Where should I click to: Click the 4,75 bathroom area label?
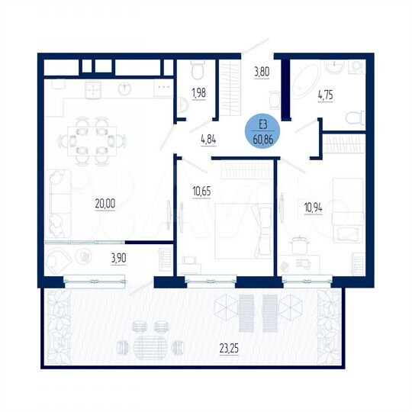click(328, 98)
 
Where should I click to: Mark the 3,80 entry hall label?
click(262, 74)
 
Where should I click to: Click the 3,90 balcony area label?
click(119, 257)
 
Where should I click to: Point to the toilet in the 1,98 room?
click(197, 71)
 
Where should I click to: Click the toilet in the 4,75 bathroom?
click(353, 118)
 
